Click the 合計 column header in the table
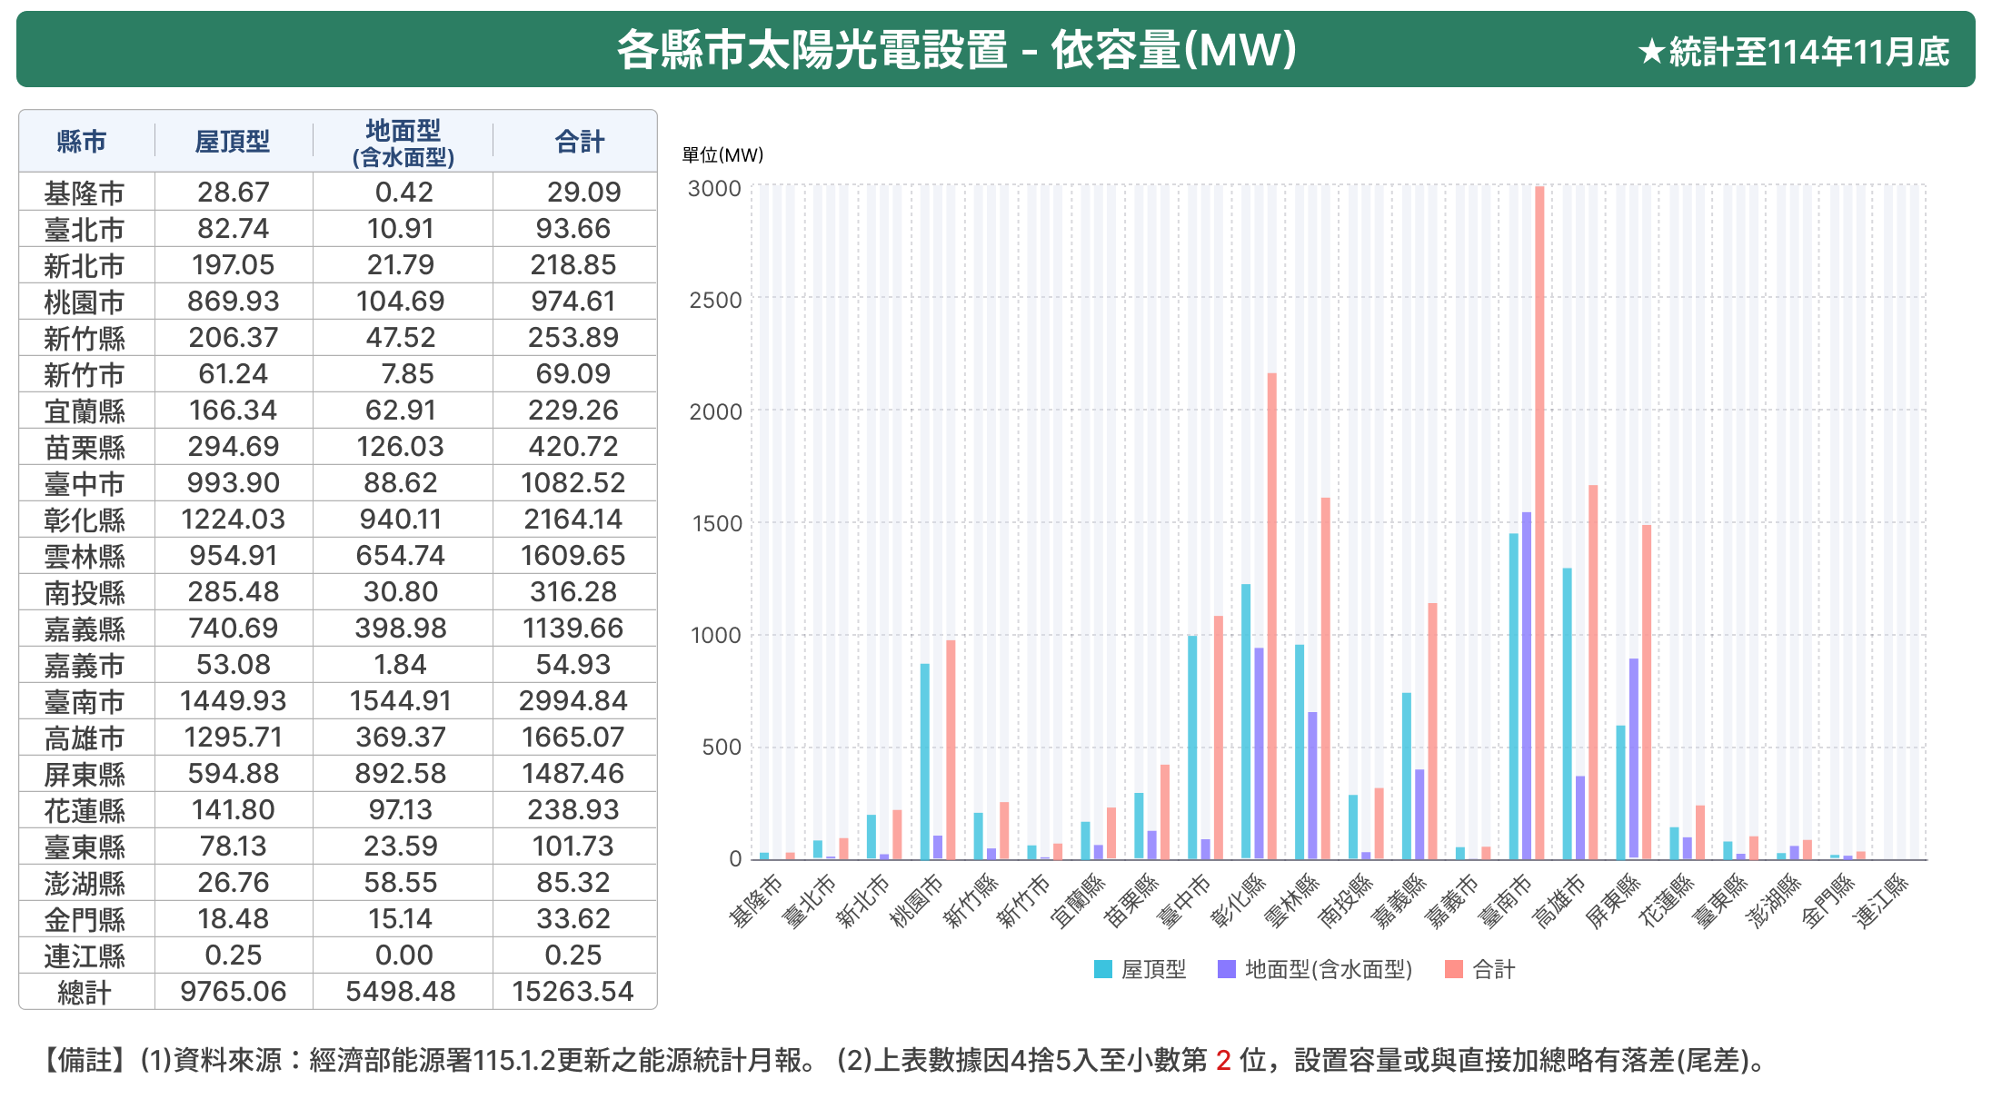point(579,142)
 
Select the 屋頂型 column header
point(233,142)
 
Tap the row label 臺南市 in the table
point(85,702)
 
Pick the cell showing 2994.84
point(573,701)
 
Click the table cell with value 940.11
point(401,520)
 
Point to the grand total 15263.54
point(573,992)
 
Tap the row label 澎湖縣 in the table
point(85,884)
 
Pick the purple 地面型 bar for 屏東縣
point(1634,758)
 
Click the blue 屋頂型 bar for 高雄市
point(1567,714)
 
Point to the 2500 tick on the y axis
point(715,301)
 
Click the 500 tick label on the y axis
point(722,748)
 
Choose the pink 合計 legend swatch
point(1453,969)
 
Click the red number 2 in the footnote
point(1223,1060)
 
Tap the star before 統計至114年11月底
point(1650,53)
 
